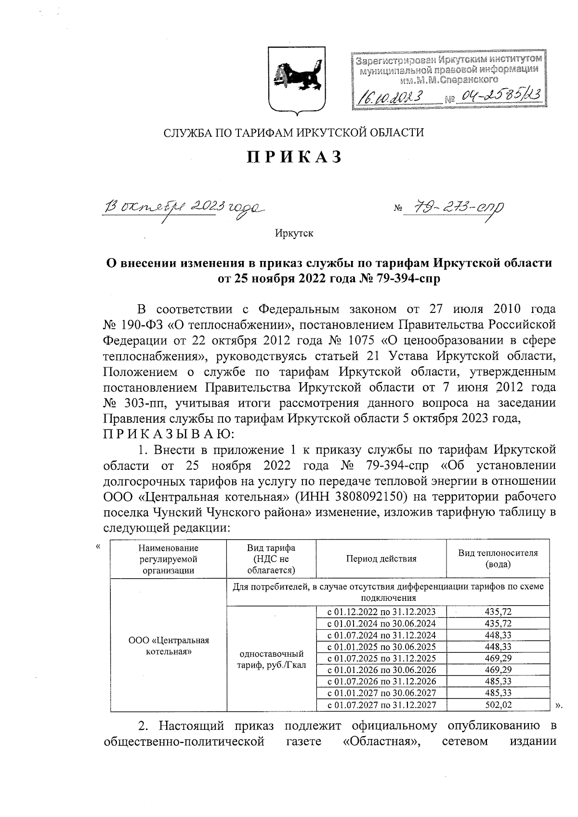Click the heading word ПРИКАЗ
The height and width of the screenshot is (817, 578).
tap(294, 157)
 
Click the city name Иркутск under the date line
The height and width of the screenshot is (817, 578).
tap(294, 233)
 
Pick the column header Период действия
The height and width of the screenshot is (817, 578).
tap(381, 558)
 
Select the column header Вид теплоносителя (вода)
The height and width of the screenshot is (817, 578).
tap(498, 558)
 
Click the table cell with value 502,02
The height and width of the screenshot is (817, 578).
tap(498, 705)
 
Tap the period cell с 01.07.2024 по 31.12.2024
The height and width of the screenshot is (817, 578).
tap(381, 635)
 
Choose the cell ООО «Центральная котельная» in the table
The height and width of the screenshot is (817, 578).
tap(169, 646)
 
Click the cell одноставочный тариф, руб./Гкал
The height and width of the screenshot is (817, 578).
tap(272, 659)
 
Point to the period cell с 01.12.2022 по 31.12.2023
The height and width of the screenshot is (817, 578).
tap(381, 612)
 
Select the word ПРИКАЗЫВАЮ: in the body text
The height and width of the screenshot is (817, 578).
tap(168, 434)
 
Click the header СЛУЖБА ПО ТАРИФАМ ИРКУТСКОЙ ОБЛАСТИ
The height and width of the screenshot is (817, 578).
tap(294, 132)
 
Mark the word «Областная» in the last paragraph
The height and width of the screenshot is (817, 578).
tap(380, 740)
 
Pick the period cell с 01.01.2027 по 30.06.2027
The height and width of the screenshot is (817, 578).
tap(381, 693)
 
